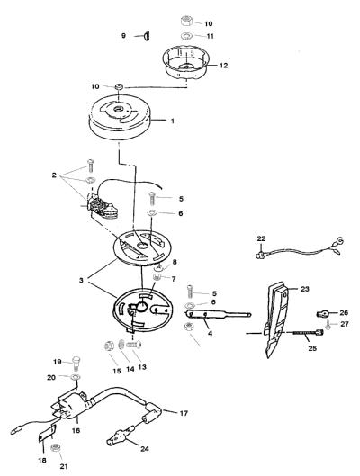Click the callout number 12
(223, 66)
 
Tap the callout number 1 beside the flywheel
(173, 121)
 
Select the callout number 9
(123, 35)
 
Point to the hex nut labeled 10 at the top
(186, 22)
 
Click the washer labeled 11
(185, 36)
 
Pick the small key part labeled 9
(147, 36)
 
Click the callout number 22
(261, 238)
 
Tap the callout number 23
(304, 289)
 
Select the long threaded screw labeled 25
(309, 333)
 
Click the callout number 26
(344, 312)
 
